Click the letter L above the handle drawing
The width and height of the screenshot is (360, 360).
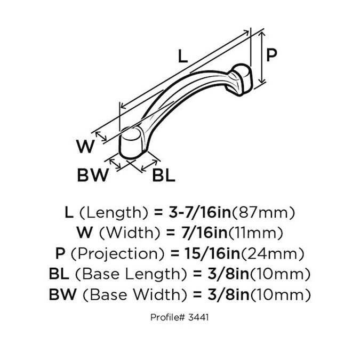coord(183,57)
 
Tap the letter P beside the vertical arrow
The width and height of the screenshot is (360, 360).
coord(271,55)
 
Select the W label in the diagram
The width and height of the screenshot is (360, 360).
coord(85,146)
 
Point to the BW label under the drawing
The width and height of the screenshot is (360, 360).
coord(93,175)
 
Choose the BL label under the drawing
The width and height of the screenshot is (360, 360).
coord(164,175)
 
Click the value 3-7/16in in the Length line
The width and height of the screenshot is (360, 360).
coord(200,212)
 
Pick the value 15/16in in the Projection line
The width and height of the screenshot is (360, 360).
coord(212,253)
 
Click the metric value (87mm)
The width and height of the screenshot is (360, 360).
coord(263,213)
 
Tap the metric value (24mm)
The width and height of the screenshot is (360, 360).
coord(273,254)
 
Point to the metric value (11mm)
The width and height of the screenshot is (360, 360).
coord(256,233)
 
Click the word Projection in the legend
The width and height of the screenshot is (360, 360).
coord(118,254)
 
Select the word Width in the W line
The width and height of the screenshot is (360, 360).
coord(130,233)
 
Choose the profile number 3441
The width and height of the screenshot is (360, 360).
coord(198,317)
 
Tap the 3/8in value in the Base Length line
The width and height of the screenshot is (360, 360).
coord(228,274)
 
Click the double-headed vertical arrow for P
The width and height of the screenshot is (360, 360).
coord(262,58)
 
